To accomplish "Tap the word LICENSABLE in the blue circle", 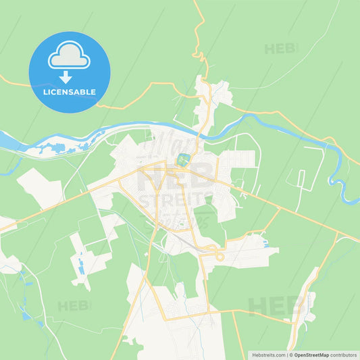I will tap(69, 92).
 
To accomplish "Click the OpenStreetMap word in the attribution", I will tap(311, 354).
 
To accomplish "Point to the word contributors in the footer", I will tap(344, 354).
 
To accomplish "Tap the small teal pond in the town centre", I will tap(182, 160).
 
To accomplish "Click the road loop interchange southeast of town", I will tap(217, 255).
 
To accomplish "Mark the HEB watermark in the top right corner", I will tap(280, 49).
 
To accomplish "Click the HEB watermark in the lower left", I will tap(74, 306).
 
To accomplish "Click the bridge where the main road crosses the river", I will tap(201, 134).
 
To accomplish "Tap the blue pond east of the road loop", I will tap(265, 242).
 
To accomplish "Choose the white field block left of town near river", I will tap(41, 187).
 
